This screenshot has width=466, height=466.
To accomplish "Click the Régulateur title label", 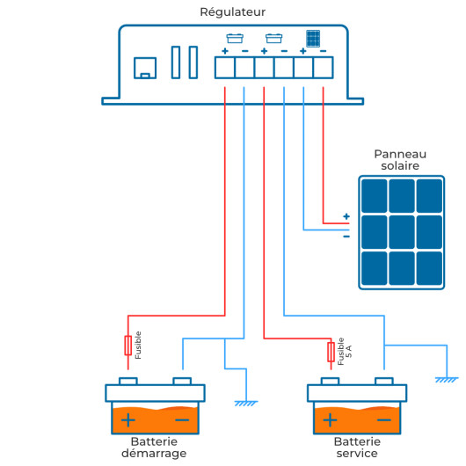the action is click(232, 12).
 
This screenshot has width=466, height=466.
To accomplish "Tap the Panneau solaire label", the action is click(400, 160).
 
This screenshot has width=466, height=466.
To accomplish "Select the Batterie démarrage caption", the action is click(154, 448).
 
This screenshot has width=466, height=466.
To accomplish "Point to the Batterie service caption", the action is click(357, 448).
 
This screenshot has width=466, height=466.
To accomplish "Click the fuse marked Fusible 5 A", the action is click(331, 353).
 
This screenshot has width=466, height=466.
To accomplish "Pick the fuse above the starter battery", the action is click(128, 346).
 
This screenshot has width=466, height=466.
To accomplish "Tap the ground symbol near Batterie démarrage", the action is click(246, 404).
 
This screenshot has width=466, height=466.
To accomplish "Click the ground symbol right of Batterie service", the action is click(447, 380).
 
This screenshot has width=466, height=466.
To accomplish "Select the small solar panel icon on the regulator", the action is click(313, 39).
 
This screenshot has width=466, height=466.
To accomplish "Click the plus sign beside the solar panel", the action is click(346, 216).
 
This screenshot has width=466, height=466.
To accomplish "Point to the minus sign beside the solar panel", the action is click(346, 237).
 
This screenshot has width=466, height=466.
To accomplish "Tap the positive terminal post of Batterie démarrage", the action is click(128, 381).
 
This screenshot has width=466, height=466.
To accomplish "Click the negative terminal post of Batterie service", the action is click(384, 381).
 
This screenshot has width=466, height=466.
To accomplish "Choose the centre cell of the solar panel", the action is click(402, 232).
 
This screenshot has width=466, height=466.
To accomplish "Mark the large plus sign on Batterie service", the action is click(330, 420).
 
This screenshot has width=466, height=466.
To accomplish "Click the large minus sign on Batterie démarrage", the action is click(182, 420).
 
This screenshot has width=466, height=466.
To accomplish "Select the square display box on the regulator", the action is click(145, 68).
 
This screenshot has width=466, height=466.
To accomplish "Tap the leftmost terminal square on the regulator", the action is click(225, 68).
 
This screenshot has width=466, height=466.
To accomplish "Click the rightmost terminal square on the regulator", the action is click(324, 68).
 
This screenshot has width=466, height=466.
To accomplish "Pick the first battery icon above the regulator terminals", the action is click(235, 39).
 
